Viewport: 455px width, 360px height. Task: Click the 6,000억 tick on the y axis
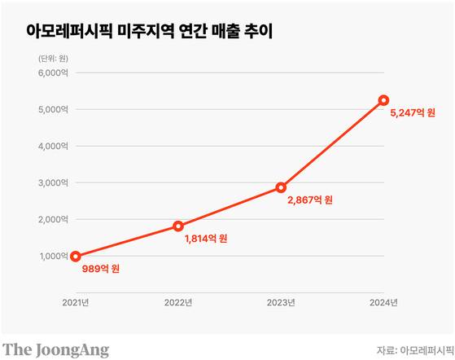(55, 72)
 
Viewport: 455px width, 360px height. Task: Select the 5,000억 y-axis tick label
(55, 109)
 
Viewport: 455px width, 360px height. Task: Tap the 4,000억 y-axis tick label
(55, 146)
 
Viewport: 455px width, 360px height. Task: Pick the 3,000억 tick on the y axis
(55, 182)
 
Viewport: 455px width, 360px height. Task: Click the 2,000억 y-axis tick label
(55, 219)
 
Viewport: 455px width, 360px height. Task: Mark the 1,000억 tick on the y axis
(55, 256)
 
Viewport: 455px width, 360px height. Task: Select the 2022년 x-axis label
(178, 303)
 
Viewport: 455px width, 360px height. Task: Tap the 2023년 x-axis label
(281, 303)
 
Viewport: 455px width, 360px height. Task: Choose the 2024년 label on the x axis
(383, 303)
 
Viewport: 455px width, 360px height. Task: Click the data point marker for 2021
(76, 256)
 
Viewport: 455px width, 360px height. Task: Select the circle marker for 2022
(178, 226)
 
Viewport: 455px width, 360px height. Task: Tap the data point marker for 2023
(281, 187)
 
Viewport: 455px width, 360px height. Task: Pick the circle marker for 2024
(383, 100)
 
